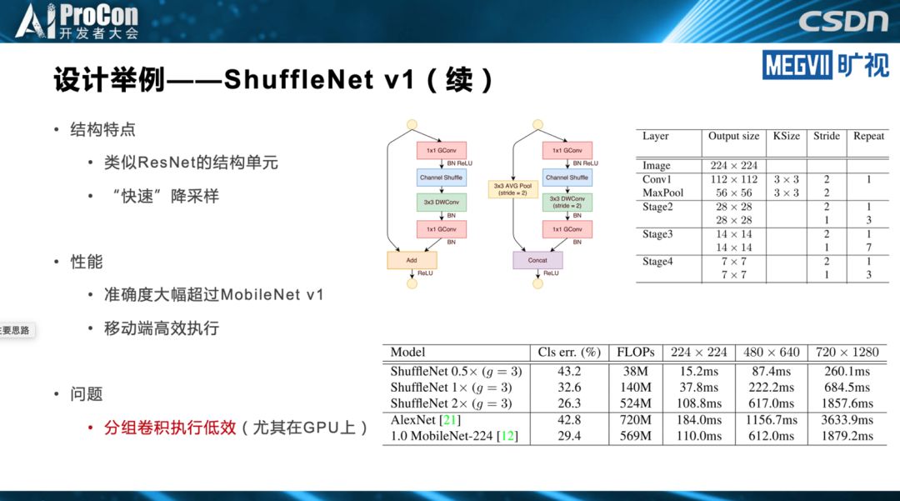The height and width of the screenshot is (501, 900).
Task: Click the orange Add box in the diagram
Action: coord(412,260)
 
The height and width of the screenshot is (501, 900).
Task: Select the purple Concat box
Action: coord(537,260)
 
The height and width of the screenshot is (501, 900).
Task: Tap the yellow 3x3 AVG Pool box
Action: coord(512,189)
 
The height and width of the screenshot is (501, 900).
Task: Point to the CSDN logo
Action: coord(843,21)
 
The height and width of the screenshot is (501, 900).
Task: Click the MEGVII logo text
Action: coord(795,65)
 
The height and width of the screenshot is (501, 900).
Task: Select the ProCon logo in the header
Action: coord(78,22)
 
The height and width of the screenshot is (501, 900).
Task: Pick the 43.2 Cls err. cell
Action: coord(568,371)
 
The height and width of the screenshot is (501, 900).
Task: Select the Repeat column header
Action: coord(868,136)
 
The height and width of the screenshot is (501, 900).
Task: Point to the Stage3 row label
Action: coord(657,234)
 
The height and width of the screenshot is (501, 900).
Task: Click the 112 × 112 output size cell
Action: coord(733,179)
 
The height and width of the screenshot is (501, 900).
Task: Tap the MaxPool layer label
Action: coord(662,193)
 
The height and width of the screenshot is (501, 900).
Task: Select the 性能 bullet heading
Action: coord(86,262)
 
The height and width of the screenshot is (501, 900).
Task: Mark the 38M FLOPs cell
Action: coord(636,371)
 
